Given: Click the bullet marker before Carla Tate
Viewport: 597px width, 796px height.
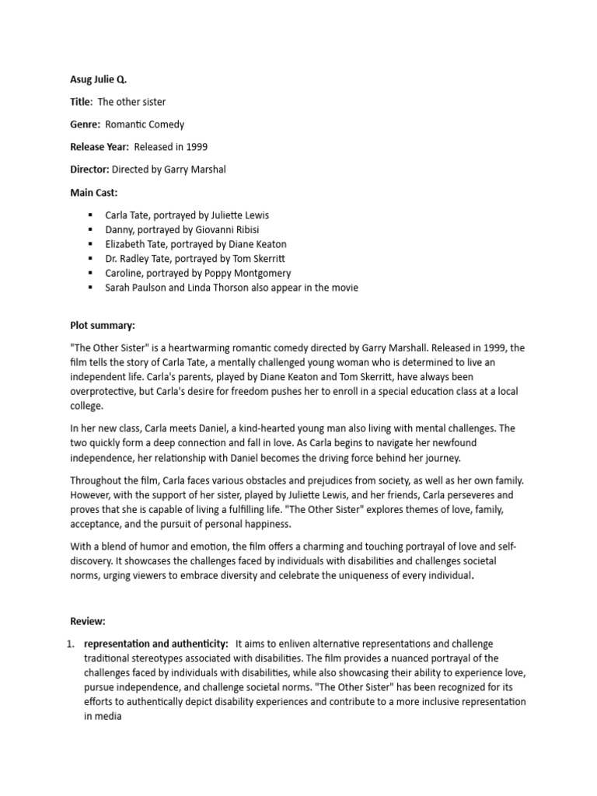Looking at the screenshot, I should pyautogui.click(x=90, y=215).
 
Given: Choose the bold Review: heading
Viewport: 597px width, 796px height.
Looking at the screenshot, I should pyautogui.click(x=87, y=622).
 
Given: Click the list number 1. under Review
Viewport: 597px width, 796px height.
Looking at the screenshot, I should pyautogui.click(x=71, y=644).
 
